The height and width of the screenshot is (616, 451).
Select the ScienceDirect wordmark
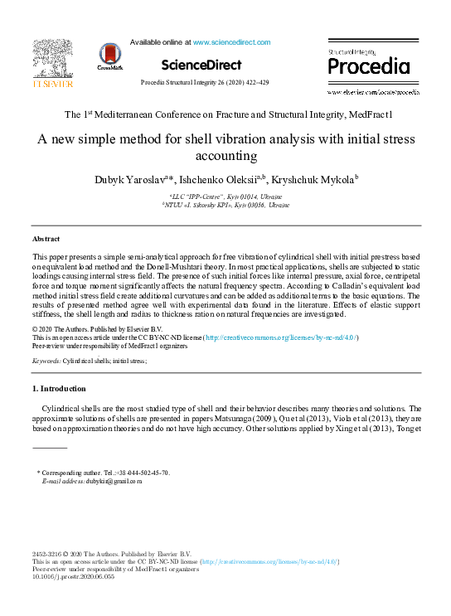click(201, 65)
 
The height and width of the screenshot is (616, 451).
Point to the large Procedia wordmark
click(368, 66)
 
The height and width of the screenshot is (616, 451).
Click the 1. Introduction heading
click(60, 388)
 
